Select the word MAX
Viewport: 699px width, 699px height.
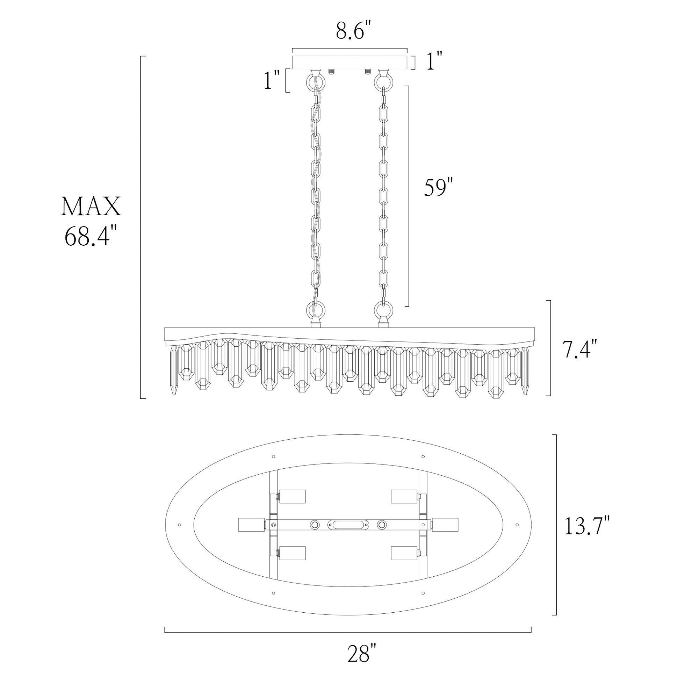click(91, 207)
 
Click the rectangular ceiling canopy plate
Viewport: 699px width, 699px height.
click(350, 62)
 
